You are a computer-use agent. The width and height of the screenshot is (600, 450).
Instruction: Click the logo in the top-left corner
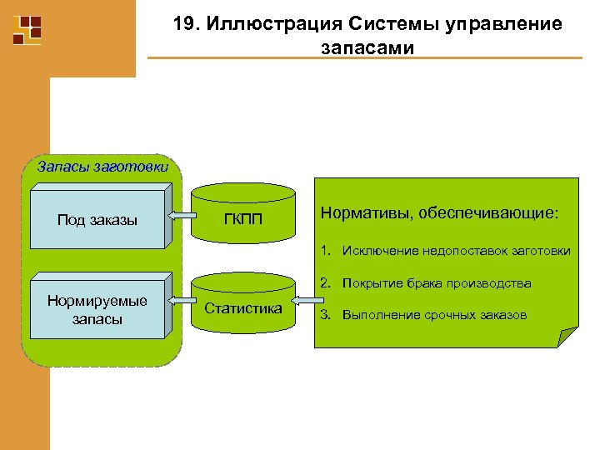pyautogui.click(x=27, y=29)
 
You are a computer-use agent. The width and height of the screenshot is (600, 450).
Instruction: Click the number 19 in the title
pyautogui.click(x=183, y=25)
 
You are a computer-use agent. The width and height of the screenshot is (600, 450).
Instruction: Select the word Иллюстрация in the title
pyautogui.click(x=258, y=25)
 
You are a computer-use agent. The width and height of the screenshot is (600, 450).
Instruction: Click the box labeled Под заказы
pyautogui.click(x=97, y=220)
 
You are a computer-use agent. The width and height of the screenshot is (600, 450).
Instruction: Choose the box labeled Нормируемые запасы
pyautogui.click(x=97, y=310)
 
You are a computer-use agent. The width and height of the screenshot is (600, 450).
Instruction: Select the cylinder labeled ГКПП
pyautogui.click(x=244, y=218)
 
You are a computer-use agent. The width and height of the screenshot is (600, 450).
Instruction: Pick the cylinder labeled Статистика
pyautogui.click(x=243, y=308)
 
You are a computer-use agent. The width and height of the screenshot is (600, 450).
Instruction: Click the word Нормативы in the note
pyautogui.click(x=359, y=215)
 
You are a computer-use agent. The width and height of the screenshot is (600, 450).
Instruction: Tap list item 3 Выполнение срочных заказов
pyautogui.click(x=423, y=315)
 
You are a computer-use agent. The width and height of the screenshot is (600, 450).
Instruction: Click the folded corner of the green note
pyautogui.click(x=566, y=337)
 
